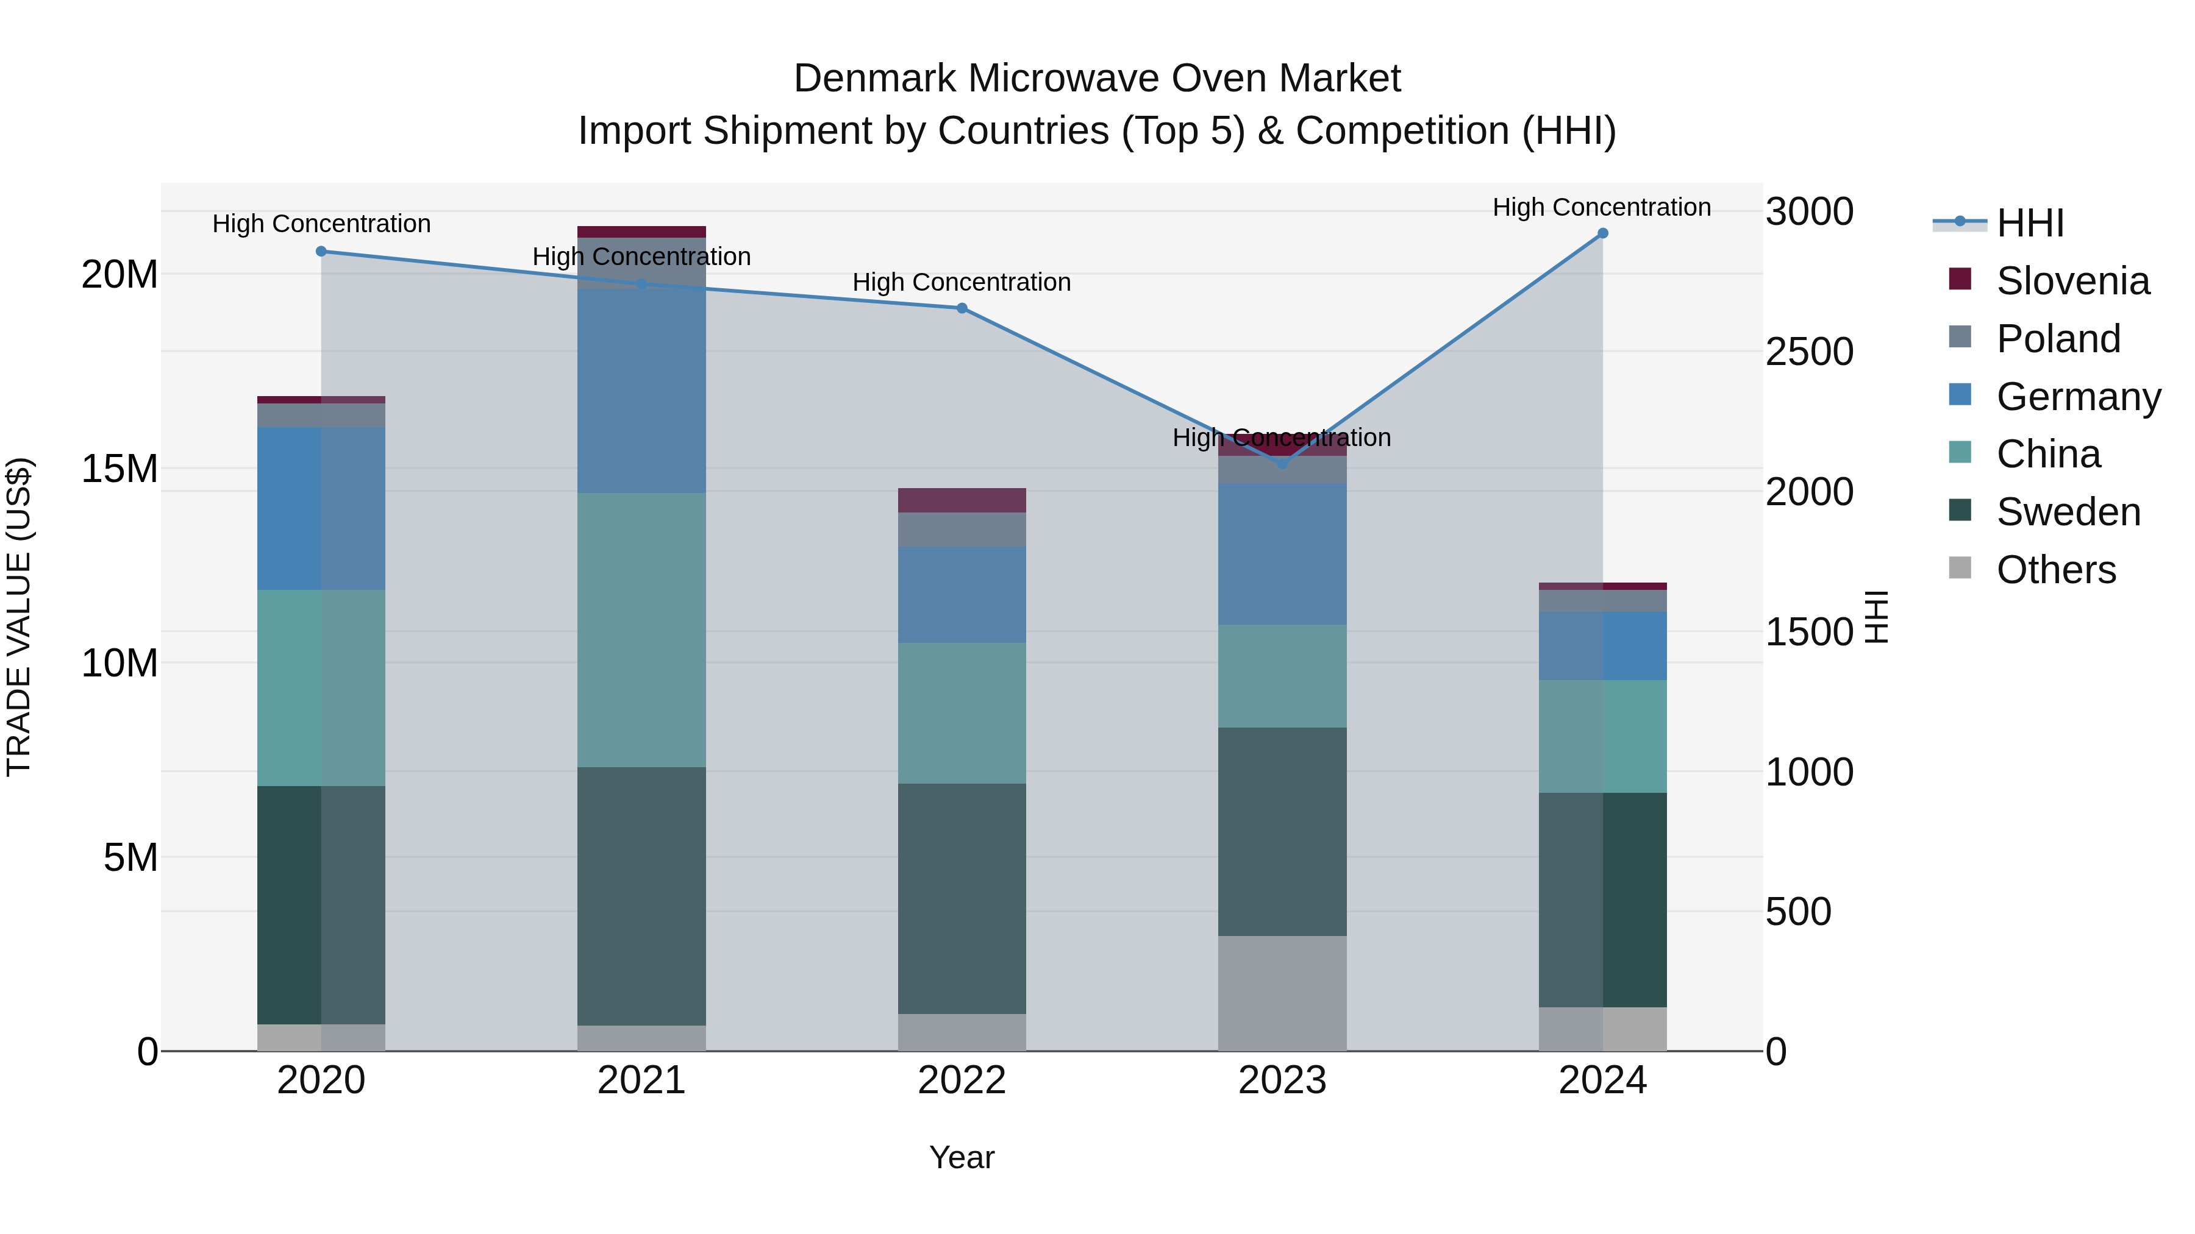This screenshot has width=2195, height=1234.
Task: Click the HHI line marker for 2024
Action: tap(1602, 233)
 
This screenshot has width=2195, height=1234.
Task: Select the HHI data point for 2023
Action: tap(1282, 463)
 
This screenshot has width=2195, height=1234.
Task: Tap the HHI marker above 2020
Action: tap(321, 251)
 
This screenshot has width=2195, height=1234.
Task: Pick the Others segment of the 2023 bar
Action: tap(1282, 993)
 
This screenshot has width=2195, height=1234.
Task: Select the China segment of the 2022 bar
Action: tap(962, 713)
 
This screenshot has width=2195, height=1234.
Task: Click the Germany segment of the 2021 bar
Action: tap(641, 390)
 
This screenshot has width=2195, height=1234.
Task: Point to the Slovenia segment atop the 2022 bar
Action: tap(962, 500)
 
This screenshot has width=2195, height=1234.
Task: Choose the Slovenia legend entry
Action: tap(2072, 281)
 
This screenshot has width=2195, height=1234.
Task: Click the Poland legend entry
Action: tap(2058, 339)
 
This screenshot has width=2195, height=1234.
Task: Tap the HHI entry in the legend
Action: tap(2030, 223)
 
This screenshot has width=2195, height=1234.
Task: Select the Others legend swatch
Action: tap(1960, 568)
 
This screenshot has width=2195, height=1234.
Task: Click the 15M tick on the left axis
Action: tap(120, 469)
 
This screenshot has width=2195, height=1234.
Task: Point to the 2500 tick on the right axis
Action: tap(1809, 352)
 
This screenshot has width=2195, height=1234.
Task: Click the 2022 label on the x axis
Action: tap(962, 1080)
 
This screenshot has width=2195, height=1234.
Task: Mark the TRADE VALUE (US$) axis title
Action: tap(19, 617)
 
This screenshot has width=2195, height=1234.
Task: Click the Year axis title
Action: tap(962, 1157)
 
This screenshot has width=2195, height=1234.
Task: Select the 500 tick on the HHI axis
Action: tap(1798, 911)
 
